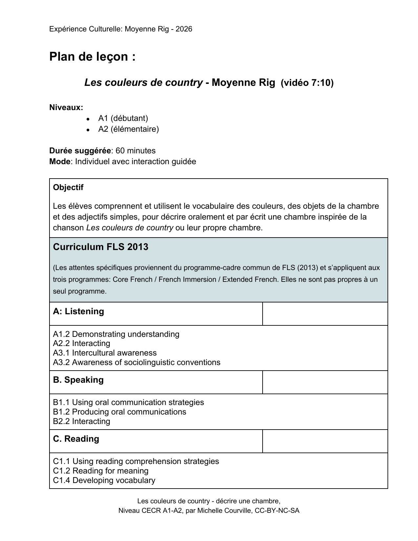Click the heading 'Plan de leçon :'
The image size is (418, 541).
92,57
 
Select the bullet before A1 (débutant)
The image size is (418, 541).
88,119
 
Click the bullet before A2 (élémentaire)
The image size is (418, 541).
88,130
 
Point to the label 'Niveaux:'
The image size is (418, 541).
66,107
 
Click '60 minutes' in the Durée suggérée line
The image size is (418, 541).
135,151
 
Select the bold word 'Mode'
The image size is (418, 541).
60,162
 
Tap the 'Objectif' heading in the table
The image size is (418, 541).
68,187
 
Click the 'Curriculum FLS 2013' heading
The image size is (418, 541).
101,247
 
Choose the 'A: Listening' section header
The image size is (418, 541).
79,311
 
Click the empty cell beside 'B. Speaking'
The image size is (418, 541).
325,382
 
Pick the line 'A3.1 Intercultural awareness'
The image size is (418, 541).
105,353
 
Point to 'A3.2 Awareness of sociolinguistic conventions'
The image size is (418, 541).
137,362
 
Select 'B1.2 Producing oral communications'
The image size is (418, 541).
120,412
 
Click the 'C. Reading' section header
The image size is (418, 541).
76,439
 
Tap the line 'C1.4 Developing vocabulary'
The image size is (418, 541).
104,480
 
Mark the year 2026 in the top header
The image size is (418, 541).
184,29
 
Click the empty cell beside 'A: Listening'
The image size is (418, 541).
325,314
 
